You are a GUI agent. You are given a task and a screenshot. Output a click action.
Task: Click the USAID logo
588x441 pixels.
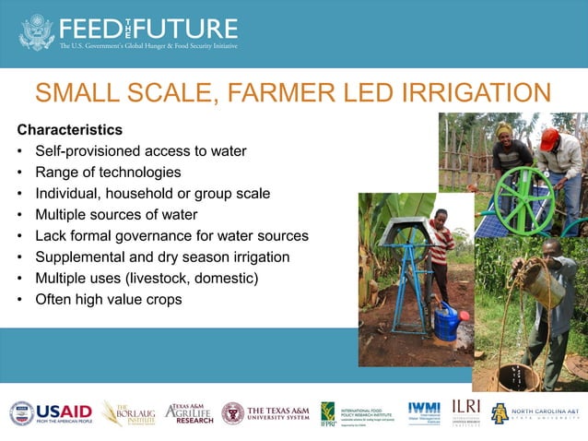(x=50, y=412)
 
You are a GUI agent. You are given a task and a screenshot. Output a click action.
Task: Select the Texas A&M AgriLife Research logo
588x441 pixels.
(x=189, y=412)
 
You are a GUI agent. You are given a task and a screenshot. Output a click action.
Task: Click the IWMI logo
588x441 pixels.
(x=424, y=411)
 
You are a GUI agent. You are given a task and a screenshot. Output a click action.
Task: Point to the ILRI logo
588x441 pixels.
(x=465, y=411)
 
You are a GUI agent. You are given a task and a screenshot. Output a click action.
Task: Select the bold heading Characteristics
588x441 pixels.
(x=69, y=129)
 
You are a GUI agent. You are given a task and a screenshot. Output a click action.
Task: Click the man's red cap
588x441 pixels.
(x=549, y=138)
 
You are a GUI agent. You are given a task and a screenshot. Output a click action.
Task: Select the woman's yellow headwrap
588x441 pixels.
(x=505, y=130)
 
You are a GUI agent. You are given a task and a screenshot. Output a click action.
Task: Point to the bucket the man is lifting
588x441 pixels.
(x=544, y=282)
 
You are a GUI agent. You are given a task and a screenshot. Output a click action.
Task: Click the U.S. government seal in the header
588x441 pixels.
(x=37, y=31)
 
